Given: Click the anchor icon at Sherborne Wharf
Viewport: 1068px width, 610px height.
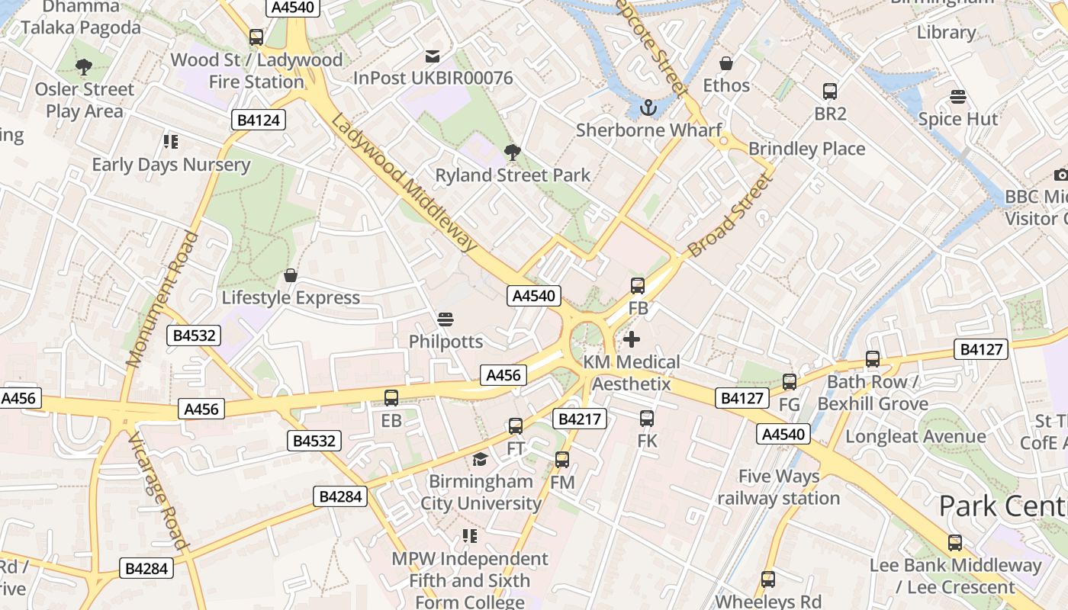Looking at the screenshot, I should pos(648,108).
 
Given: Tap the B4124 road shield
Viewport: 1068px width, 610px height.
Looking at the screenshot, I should pos(259,120).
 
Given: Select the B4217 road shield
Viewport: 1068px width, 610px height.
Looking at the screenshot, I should pos(579,419).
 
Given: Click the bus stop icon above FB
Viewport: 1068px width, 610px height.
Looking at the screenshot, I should pos(638,286).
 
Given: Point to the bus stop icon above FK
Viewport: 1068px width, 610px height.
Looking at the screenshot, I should pos(647,418).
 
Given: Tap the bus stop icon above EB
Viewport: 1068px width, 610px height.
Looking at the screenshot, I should pos(391,397).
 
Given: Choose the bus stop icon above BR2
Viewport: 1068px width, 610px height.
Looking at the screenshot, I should pos(830,91).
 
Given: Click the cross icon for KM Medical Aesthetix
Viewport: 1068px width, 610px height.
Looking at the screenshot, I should pos(632,339).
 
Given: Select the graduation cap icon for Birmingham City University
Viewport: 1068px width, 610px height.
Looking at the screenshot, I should pos(480,459).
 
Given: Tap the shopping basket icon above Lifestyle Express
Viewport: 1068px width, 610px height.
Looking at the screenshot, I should pos(291,274).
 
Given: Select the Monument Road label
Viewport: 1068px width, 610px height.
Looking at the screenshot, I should pos(162,300).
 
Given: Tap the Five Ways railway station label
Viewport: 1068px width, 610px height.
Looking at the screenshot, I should pos(778,487).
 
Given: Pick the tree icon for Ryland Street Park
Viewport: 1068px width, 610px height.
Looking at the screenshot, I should pos(513,152).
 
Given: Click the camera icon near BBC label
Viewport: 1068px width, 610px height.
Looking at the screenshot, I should pos(1060,175).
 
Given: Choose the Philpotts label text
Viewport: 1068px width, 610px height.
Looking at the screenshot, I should pos(446,342).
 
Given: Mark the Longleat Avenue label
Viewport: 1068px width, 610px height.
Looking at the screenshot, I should pos(915,437).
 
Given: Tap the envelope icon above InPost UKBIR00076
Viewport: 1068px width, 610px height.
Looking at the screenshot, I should pos(433,56).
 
